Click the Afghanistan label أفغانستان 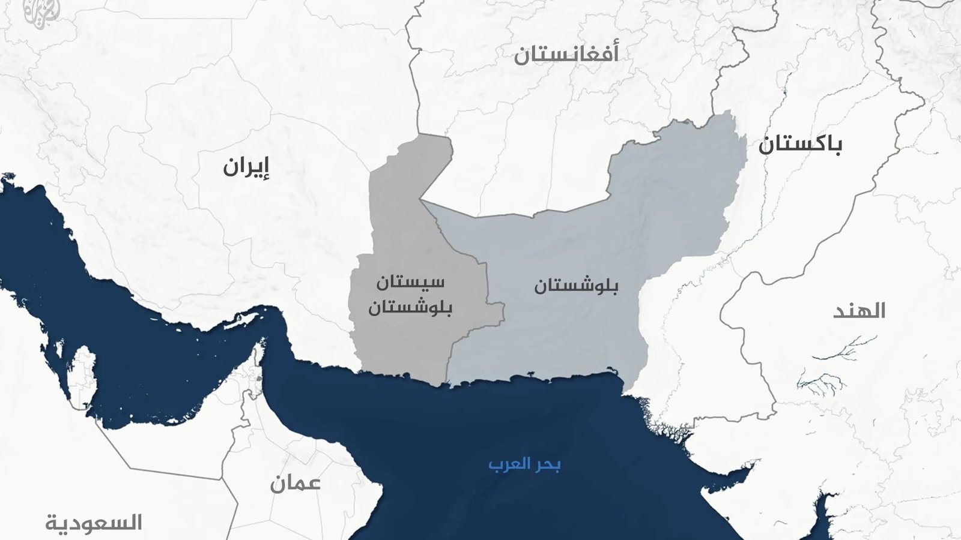566,54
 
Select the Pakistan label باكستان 799,145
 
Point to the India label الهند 859,311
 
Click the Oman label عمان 295,483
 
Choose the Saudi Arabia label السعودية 94,523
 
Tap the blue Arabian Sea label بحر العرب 524,464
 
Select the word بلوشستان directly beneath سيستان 410,308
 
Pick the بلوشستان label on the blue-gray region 576,286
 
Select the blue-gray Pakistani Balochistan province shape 601,240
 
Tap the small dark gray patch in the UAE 259,379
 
